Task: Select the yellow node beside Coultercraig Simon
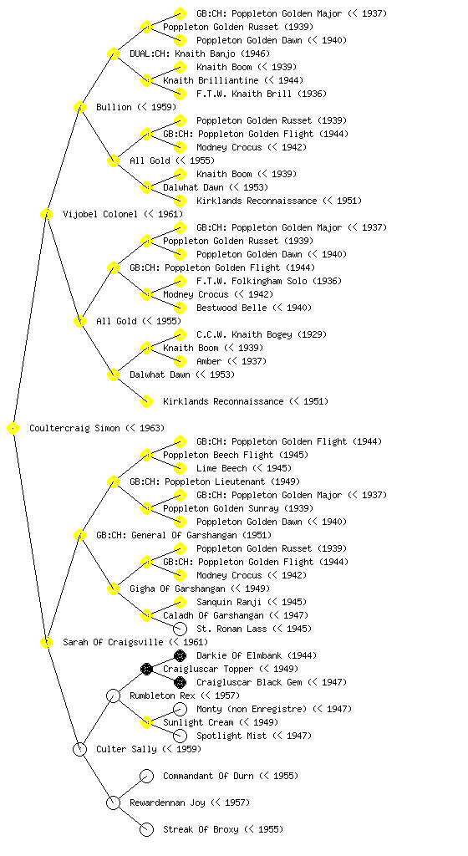pos(13,429)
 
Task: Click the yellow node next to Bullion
pos(79,107)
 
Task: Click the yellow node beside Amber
pos(180,361)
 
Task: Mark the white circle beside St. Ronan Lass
pos(180,629)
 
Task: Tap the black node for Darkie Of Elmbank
pos(180,655)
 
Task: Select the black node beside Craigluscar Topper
pos(146,669)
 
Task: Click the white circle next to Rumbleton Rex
pos(113,695)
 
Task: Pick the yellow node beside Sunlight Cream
pos(146,722)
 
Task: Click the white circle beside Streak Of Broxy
pos(146,829)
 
